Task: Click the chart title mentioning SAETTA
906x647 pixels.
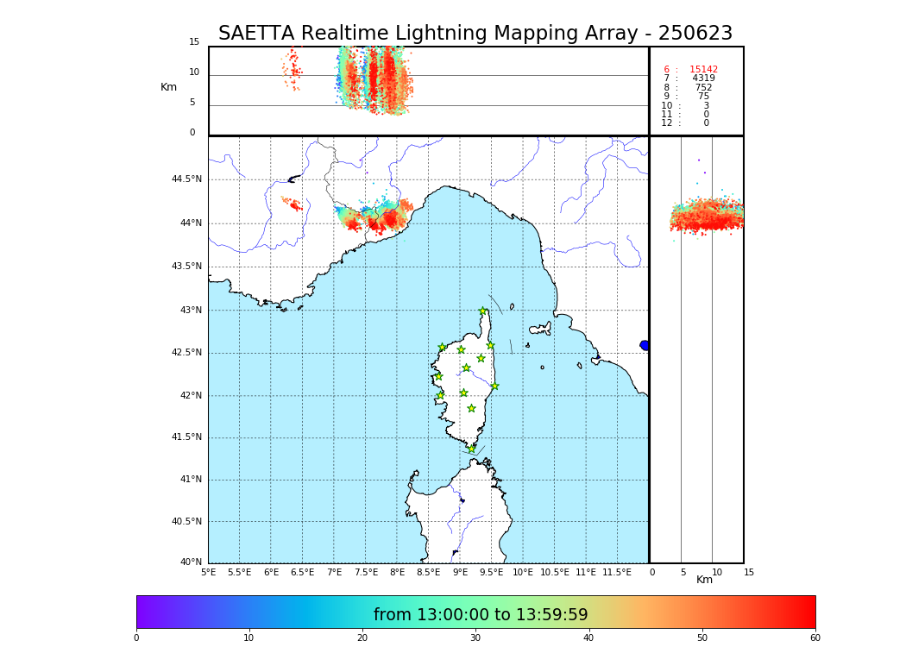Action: [x=475, y=34]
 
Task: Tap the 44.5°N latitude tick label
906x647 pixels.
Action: [x=186, y=179]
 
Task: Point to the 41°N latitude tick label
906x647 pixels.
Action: [x=190, y=480]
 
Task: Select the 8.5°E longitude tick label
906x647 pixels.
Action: [x=428, y=572]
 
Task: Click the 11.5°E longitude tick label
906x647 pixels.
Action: [x=616, y=572]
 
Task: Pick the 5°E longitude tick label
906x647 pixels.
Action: [x=209, y=572]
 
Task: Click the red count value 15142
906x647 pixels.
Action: [x=703, y=70]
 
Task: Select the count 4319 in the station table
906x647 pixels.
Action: [x=703, y=79]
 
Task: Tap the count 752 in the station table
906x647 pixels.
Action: [x=703, y=88]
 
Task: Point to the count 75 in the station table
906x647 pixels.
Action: [x=703, y=97]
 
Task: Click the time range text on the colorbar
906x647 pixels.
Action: [x=480, y=615]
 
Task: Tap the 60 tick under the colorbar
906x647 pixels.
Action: [x=815, y=638]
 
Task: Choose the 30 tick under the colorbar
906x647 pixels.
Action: [x=475, y=638]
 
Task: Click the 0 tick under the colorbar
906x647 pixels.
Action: [x=136, y=638]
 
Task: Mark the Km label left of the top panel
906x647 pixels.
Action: [x=169, y=87]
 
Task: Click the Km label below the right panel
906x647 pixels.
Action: [x=705, y=580]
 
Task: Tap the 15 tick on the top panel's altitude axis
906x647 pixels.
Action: [x=194, y=42]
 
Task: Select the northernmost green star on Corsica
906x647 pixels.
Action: [x=483, y=311]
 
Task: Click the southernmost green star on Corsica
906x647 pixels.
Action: [x=471, y=449]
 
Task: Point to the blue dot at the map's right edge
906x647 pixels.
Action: [x=645, y=345]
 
